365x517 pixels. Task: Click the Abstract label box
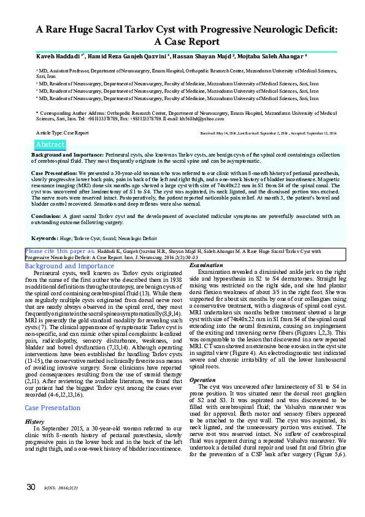[x=50, y=144]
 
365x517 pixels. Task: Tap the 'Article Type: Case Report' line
[x=63, y=133]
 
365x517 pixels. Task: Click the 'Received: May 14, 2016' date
[x=219, y=133]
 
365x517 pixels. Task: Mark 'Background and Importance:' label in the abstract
[x=67, y=155]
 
